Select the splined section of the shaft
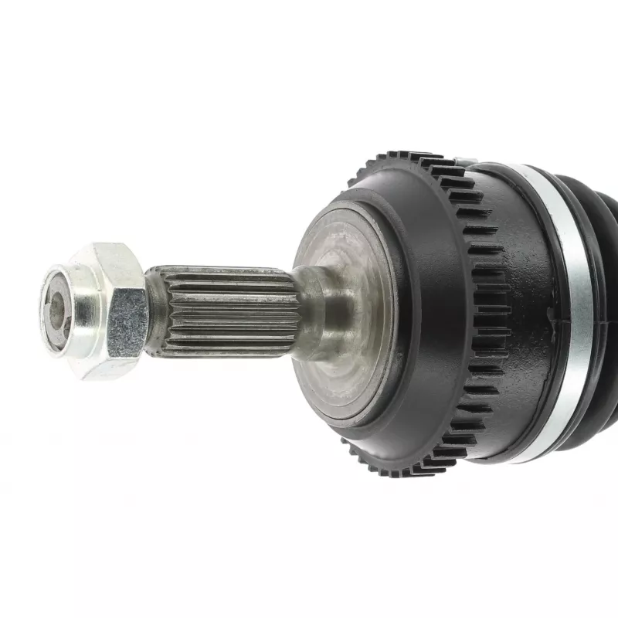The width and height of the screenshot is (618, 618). click(224, 313)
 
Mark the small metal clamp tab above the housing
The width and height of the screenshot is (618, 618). click(461, 161)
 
